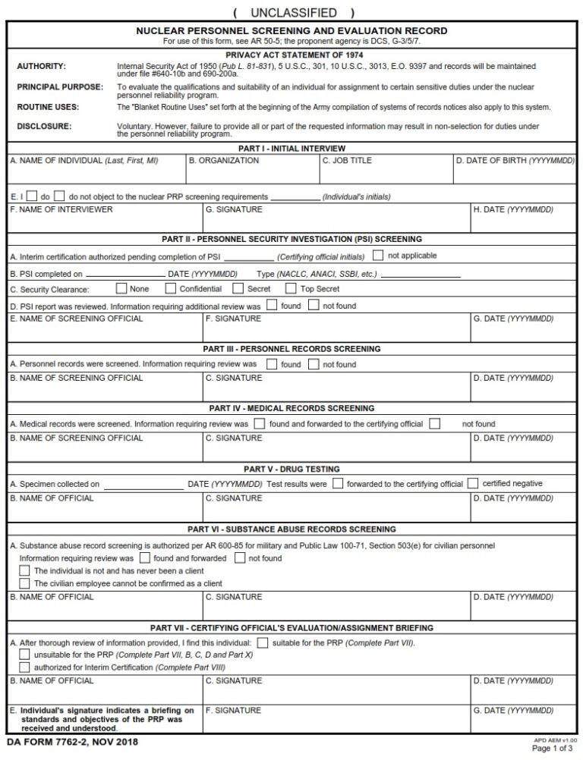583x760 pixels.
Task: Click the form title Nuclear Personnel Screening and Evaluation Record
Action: click(x=291, y=30)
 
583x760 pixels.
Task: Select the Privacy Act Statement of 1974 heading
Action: click(x=291, y=55)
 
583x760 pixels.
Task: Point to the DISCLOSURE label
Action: click(x=44, y=125)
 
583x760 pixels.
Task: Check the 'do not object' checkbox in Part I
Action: click(x=60, y=196)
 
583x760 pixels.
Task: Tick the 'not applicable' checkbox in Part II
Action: click(x=378, y=256)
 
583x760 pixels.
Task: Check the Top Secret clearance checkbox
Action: click(x=291, y=289)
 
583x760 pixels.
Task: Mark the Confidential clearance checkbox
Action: click(x=172, y=289)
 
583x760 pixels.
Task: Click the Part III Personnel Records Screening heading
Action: click(x=291, y=349)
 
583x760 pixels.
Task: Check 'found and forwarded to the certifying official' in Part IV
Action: click(x=260, y=424)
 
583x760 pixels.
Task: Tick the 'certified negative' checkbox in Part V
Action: click(x=473, y=483)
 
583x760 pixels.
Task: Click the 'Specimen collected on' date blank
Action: click(x=144, y=484)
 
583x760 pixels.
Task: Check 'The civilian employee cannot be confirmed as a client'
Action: click(x=24, y=583)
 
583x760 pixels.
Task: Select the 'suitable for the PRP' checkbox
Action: click(x=263, y=642)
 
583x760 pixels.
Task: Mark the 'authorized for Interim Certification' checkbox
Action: click(x=24, y=667)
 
